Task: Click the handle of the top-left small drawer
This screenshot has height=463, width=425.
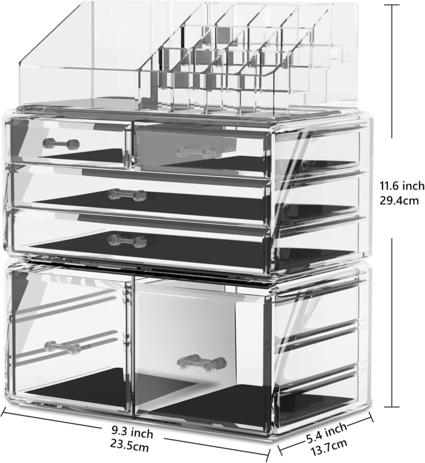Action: click(62, 143)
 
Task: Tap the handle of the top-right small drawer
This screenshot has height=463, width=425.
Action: click(198, 151)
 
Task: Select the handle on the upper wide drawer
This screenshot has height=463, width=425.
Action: click(127, 195)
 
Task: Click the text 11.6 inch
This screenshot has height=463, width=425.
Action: click(402, 186)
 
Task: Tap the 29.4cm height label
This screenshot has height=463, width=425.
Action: click(399, 201)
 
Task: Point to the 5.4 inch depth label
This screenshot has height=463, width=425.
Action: click(326, 433)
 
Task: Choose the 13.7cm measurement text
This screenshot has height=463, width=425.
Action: click(329, 447)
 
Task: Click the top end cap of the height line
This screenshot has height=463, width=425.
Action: click(392, 5)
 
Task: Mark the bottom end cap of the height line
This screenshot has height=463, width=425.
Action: click(392, 406)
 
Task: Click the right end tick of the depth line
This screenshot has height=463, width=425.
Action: click(371, 416)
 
